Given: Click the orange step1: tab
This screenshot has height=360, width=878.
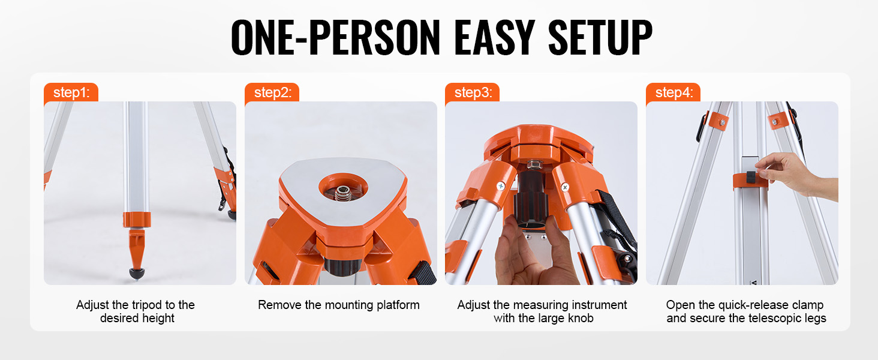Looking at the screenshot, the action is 71,92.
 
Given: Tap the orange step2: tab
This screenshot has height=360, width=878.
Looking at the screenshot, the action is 272,92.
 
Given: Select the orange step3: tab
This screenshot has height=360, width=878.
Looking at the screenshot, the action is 473,92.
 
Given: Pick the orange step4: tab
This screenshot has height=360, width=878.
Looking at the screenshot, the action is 673,92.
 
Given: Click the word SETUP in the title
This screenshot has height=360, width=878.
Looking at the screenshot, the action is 600,37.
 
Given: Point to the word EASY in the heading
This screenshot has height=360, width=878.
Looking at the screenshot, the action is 495,37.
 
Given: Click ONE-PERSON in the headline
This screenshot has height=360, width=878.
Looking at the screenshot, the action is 336,37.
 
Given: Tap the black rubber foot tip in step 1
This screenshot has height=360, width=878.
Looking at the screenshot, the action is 136,274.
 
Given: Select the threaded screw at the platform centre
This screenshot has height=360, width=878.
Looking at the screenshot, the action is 343,193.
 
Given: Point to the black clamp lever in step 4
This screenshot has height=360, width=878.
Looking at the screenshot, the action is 751,177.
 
